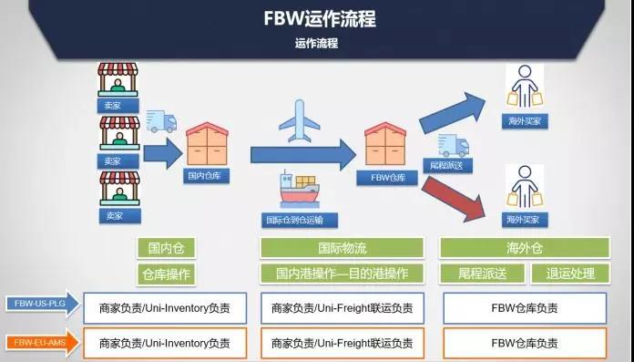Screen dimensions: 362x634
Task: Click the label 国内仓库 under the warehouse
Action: (206, 175)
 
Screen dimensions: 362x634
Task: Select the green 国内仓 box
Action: (166, 248)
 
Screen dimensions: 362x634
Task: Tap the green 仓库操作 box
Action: (166, 274)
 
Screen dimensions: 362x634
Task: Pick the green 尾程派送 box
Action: (475, 274)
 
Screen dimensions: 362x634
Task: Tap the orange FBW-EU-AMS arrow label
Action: (39, 343)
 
